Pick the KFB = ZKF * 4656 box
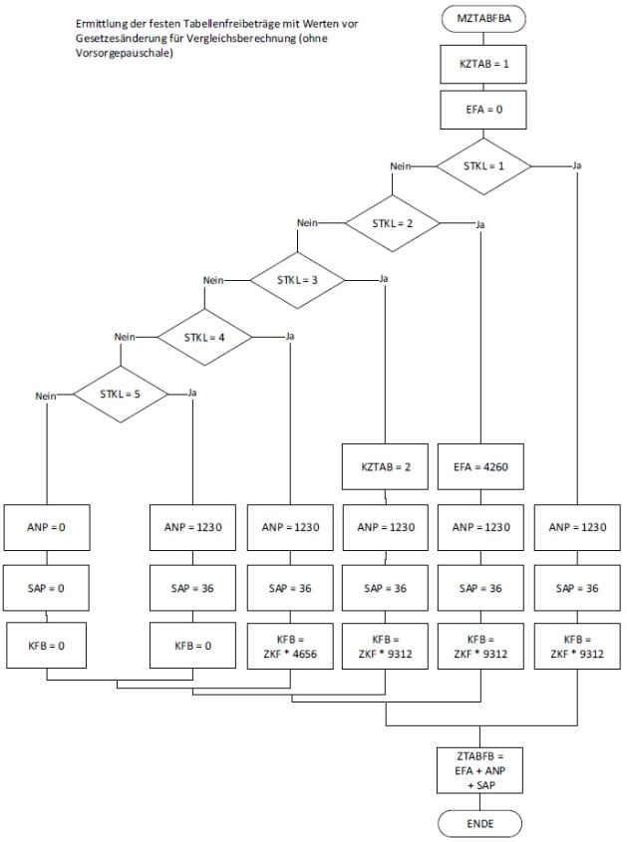[x=290, y=645]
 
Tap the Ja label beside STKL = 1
[x=578, y=164]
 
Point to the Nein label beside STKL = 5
[x=43, y=396]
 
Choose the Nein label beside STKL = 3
[x=212, y=281]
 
